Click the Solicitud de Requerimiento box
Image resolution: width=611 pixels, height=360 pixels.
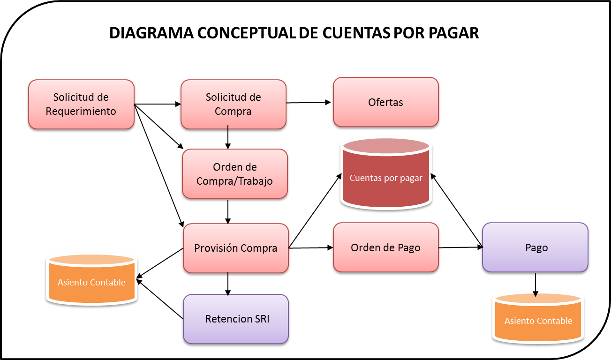tap(81, 104)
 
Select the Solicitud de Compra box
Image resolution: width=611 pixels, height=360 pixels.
tap(233, 104)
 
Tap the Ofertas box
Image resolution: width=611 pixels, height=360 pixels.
tap(385, 102)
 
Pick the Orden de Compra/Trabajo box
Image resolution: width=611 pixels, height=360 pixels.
tap(234, 173)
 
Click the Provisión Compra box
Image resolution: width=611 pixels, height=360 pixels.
tap(235, 248)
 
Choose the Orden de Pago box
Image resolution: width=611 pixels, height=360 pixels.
tap(385, 247)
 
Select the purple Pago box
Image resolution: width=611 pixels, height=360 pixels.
tap(535, 247)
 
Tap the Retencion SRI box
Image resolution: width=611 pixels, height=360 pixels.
tap(235, 319)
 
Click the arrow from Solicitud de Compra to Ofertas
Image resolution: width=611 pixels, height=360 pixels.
tap(309, 102)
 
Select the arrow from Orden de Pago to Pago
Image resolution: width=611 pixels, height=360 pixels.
tap(460, 247)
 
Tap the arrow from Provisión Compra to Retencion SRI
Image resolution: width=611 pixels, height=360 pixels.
tap(228, 284)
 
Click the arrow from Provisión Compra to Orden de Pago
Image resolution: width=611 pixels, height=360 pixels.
tap(310, 248)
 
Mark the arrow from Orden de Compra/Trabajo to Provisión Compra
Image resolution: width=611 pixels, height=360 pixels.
tap(228, 211)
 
